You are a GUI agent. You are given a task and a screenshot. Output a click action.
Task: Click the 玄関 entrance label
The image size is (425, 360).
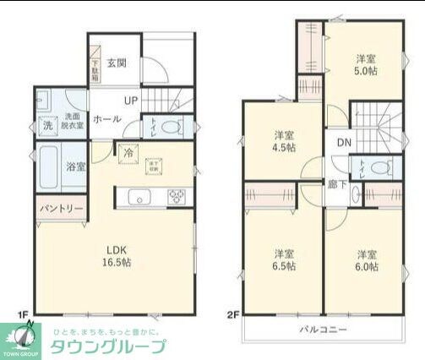click(x=117, y=63)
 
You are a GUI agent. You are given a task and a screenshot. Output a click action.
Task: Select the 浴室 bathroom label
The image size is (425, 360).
click(x=75, y=166)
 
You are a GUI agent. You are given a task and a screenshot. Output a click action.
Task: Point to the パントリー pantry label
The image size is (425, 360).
click(x=59, y=208)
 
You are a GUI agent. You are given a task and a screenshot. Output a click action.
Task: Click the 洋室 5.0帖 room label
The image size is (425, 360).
click(x=365, y=65)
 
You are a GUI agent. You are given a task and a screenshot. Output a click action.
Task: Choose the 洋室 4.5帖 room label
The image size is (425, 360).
click(x=284, y=141)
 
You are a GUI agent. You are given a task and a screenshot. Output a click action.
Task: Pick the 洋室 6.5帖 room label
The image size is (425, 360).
click(x=283, y=259)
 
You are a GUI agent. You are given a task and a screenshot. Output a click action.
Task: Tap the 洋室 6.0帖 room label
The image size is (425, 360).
click(x=366, y=259)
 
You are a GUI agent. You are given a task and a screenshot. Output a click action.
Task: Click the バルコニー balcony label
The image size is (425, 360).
click(x=324, y=330)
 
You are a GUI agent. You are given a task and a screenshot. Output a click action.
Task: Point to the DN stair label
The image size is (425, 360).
click(x=345, y=142)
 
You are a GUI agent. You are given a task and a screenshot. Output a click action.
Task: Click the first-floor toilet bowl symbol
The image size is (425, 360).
click(x=171, y=128)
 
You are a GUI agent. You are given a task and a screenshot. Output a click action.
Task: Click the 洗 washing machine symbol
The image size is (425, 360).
click(x=47, y=126)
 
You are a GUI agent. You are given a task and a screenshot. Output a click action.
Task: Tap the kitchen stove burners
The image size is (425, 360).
click(x=177, y=197)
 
